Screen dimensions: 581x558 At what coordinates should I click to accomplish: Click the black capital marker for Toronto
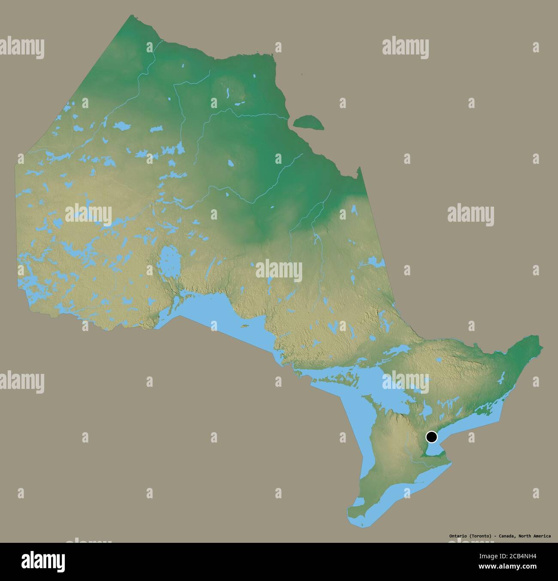click(431, 437)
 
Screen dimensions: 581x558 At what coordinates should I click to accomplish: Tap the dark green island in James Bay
click(308, 122)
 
